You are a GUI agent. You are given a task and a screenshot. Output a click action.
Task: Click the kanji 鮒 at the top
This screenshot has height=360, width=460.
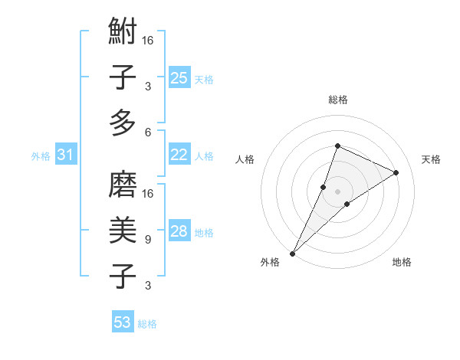coord(123,33)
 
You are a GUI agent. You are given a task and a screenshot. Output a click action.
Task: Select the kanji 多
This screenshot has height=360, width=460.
coord(123,122)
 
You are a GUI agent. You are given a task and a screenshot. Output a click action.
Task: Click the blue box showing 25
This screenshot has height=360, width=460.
coord(179,77)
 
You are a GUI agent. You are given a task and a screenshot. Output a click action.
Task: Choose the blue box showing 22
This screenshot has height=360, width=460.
coord(179,155)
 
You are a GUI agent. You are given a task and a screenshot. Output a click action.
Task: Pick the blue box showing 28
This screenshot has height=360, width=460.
coord(179,232)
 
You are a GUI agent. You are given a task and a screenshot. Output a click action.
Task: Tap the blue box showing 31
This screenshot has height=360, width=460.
coord(65,155)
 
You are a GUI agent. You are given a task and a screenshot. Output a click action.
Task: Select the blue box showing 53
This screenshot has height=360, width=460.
coord(123,322)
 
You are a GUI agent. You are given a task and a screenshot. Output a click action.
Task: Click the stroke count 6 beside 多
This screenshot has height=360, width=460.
coord(147,132)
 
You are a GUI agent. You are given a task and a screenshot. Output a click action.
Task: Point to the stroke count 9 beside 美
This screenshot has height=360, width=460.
coord(147,240)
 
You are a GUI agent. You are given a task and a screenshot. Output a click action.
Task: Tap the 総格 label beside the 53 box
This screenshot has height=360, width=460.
coord(147,324)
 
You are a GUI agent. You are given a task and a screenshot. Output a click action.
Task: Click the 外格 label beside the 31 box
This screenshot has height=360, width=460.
coord(41,156)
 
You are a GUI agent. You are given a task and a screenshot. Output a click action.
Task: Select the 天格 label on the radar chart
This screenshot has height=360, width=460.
coord(431,159)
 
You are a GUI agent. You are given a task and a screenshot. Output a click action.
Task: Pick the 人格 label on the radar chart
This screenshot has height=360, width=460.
coord(245,159)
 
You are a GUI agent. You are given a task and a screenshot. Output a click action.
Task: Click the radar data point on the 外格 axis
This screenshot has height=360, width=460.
coord(292,253)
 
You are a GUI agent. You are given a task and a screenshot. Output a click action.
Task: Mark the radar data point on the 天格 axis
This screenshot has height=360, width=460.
coord(396,172)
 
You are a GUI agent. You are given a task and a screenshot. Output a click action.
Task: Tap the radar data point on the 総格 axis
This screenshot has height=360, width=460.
coord(337,146)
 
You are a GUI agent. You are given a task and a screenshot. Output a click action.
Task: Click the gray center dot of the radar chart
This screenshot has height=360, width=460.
coord(337,191)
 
